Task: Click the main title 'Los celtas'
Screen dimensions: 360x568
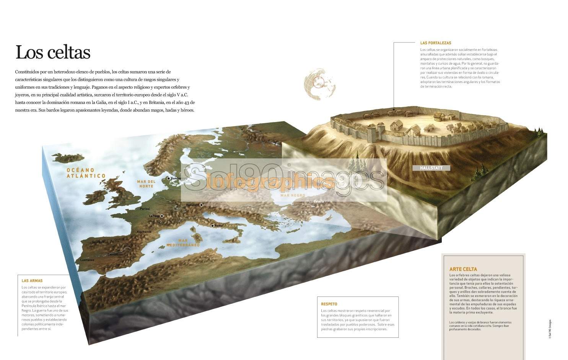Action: coord(53,52)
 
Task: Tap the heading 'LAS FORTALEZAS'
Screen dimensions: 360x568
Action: coord(435,43)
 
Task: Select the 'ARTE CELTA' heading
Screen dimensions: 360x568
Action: coord(463,269)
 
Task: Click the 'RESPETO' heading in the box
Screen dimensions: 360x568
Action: coord(329,304)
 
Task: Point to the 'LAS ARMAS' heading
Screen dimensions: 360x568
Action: coord(32,281)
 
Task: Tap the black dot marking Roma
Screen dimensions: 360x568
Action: coord(213,226)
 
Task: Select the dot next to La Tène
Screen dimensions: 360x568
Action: coord(162,216)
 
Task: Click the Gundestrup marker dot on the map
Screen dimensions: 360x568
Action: coord(168,178)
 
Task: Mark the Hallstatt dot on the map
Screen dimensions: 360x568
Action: coord(201,205)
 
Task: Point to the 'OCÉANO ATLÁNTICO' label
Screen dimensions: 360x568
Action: coord(86,173)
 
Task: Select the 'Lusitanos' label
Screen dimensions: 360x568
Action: coord(87,260)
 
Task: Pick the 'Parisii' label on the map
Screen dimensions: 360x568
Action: coord(145,209)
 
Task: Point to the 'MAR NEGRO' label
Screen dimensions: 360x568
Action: coord(293,195)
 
